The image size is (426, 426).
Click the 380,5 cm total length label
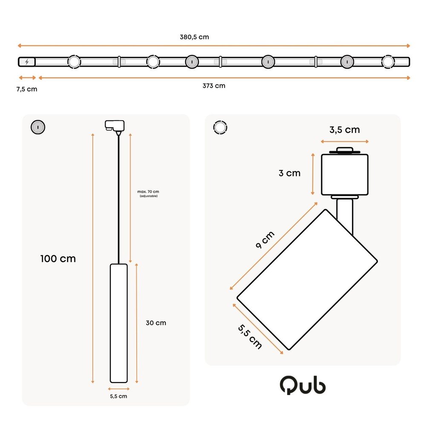coord(194,37)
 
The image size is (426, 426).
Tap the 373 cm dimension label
coord(214,86)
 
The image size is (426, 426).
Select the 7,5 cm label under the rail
coord(27,89)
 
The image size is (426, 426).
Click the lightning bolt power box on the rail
coord(27,62)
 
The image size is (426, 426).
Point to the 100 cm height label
coord(58,259)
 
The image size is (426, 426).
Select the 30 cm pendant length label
coord(156,323)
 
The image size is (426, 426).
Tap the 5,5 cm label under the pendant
coord(118,396)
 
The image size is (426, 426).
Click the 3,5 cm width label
coord(345,130)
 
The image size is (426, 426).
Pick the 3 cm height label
coord(290,173)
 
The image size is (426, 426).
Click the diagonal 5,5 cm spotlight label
coord(250,337)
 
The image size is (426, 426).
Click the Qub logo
coord(303,386)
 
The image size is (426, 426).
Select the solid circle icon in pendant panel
coord(38,127)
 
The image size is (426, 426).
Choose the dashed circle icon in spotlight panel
coord(220,127)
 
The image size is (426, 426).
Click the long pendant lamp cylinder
coord(119,323)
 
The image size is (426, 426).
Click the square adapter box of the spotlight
coord(344,174)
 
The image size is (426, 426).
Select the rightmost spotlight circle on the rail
coord(388,62)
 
